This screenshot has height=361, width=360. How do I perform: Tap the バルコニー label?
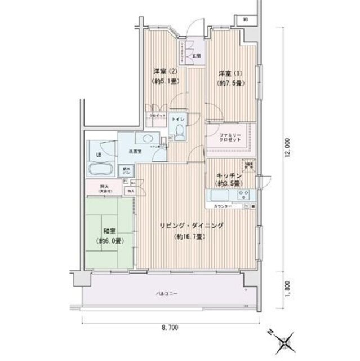[166, 294]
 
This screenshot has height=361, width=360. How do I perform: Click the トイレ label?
[177, 120]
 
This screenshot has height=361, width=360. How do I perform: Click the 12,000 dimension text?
[287, 149]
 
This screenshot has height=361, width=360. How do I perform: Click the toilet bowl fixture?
[179, 132]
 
